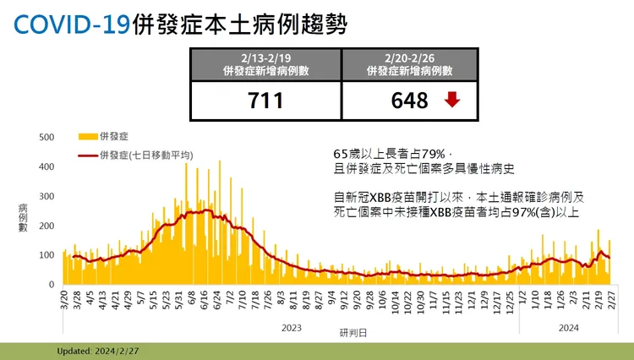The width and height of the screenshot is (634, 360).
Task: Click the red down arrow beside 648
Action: tap(452, 100)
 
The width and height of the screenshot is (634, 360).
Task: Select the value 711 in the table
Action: tap(265, 101)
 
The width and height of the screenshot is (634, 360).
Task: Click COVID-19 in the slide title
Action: tap(73, 25)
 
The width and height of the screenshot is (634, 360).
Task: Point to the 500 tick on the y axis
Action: tap(47, 137)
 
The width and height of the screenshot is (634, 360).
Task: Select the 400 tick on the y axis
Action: tap(47, 166)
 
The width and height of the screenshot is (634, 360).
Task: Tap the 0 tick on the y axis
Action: tap(52, 285)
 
